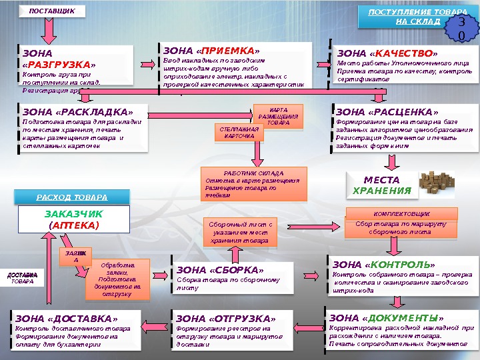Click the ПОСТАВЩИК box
tap(48, 11)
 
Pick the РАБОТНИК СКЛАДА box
tap(253, 183)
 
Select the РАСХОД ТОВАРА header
tap(71, 197)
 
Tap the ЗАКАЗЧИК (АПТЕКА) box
tap(74, 219)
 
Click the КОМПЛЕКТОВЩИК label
tap(402, 213)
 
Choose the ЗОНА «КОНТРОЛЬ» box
tap(401, 275)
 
